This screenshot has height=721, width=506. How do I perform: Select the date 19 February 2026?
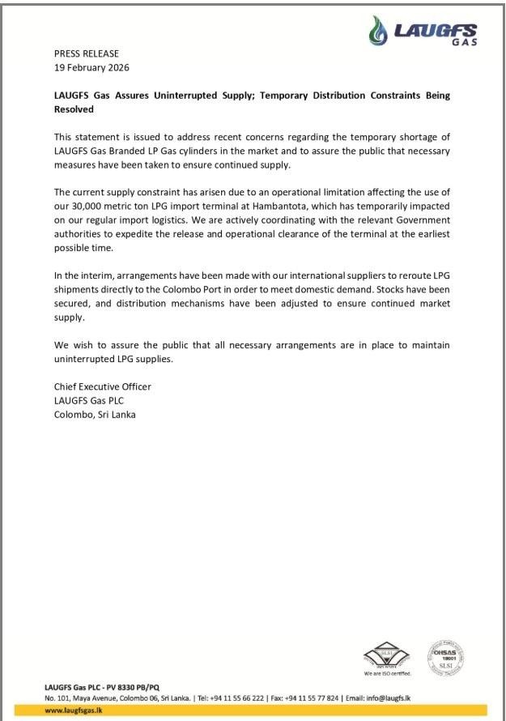pos(91,67)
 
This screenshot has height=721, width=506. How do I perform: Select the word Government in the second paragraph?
pos(412,220)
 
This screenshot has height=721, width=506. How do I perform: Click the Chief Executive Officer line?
pos(103,386)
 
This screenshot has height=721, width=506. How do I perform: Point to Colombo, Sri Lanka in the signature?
pos(95,414)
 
